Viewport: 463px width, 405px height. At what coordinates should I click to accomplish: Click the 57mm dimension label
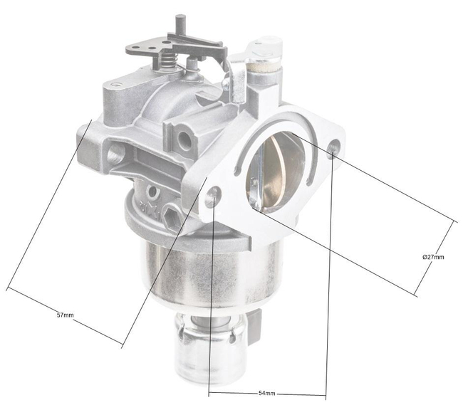click(64, 314)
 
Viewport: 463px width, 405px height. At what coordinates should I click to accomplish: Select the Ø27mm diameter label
click(433, 256)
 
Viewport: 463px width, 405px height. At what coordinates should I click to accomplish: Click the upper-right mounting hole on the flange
click(333, 149)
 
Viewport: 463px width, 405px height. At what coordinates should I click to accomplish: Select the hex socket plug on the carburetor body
click(170, 216)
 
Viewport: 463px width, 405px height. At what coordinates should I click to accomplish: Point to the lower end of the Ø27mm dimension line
click(416, 295)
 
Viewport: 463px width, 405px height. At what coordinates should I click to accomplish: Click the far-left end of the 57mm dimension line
click(7, 288)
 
